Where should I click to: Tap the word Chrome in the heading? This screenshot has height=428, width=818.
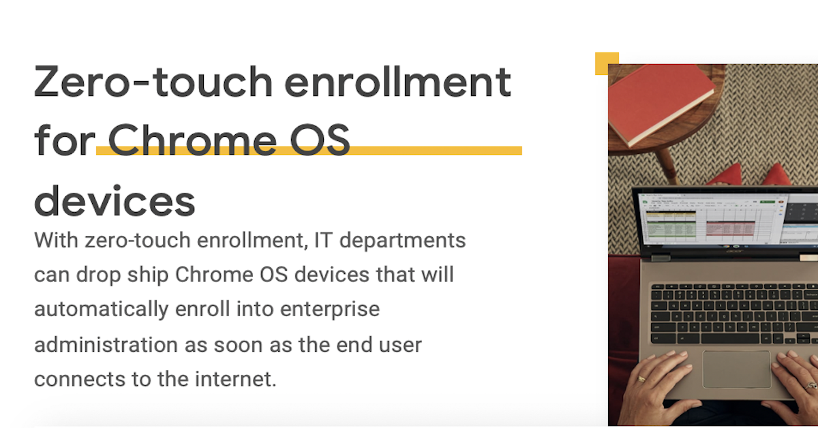point(192,140)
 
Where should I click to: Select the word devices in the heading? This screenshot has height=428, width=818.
point(115,201)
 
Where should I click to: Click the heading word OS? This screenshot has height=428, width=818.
point(320,140)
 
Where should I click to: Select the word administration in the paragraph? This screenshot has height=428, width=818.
point(106,345)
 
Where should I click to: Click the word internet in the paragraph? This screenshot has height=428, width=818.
point(236,379)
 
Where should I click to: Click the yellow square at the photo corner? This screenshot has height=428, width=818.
point(607,63)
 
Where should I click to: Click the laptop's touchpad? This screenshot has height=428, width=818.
point(737,369)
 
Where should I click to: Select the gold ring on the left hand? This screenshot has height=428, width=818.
point(641,379)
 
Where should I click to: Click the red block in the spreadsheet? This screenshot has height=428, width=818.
point(730,228)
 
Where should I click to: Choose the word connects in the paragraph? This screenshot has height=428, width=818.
point(79,380)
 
